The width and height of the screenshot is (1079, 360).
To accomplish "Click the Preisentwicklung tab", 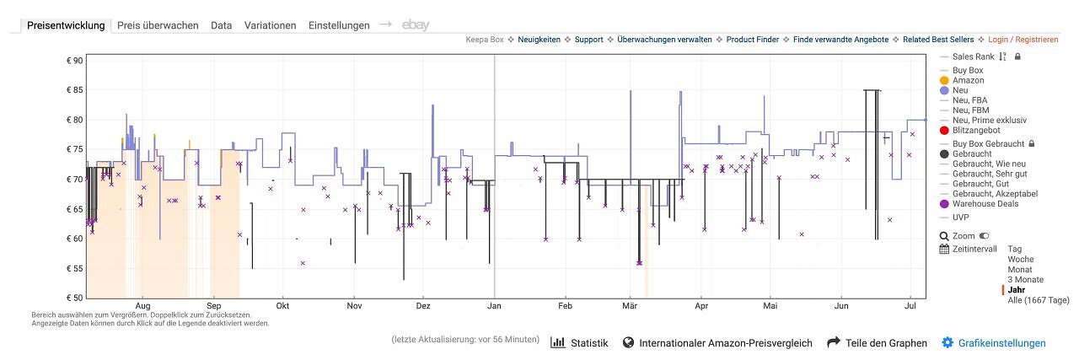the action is pos(66,25).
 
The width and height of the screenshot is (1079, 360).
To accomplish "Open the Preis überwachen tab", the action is pos(158,25).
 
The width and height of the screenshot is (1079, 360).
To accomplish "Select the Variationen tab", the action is pos(270,25).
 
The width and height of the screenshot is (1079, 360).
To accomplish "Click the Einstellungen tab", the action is pos(339,25).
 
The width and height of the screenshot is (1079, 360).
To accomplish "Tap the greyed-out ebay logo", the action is pos(416,25).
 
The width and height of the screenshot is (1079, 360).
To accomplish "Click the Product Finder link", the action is pos(752,40).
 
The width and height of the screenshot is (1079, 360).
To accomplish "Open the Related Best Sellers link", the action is pos(938,40).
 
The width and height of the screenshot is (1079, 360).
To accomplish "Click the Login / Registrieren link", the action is pos(1023,40).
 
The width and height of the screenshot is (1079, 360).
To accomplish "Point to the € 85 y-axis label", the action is pos(75,90).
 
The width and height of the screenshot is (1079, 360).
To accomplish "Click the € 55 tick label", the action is pos(75,268).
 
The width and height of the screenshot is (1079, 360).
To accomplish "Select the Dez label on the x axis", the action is pos(423,306).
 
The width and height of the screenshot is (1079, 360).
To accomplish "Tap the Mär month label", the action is pos(630,306).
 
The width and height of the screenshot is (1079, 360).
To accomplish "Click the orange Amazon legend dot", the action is pos(944,80).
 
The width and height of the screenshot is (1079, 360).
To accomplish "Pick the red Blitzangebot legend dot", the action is pos(944,130).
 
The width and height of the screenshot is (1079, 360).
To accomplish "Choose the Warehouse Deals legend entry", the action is pos(985,204).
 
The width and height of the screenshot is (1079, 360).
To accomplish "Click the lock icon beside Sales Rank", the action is pos(1017,56).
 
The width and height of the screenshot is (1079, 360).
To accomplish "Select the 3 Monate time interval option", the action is pos(1026,280).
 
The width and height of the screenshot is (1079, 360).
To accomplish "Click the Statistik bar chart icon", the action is pos(558,342).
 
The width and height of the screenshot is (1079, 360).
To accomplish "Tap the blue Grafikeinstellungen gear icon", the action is pos(947,342).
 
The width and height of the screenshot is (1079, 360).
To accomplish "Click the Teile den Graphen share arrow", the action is pos(834,342).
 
